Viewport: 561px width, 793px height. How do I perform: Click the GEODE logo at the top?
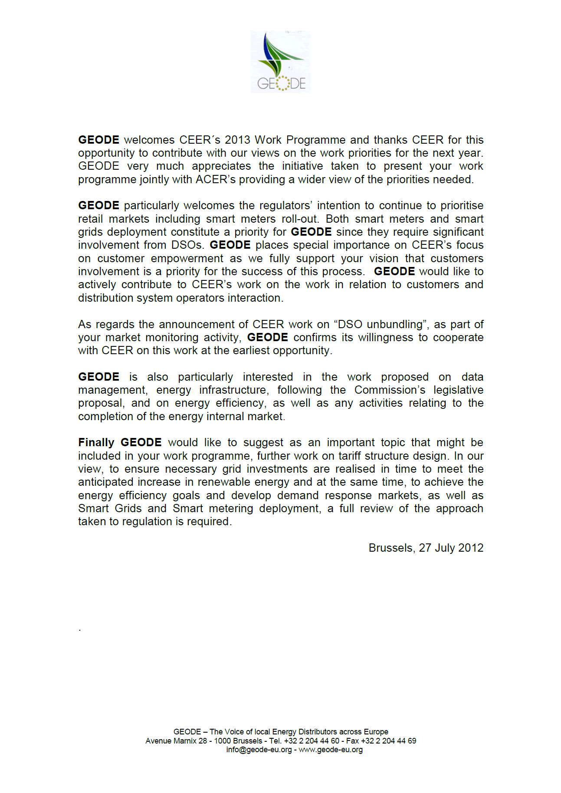(x=280, y=62)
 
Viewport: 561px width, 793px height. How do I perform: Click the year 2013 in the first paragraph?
(x=237, y=140)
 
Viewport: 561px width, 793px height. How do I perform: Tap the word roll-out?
(x=300, y=219)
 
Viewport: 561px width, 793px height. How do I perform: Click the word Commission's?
(x=390, y=390)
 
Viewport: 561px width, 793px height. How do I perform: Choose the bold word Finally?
(x=96, y=443)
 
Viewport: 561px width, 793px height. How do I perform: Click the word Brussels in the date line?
(x=391, y=548)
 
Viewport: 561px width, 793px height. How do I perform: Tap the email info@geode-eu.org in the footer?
(x=259, y=750)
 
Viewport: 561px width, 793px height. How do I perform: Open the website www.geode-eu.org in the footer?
(x=331, y=750)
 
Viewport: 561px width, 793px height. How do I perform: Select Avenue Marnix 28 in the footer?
(x=176, y=741)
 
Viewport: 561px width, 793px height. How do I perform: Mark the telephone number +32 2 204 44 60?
(x=312, y=741)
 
